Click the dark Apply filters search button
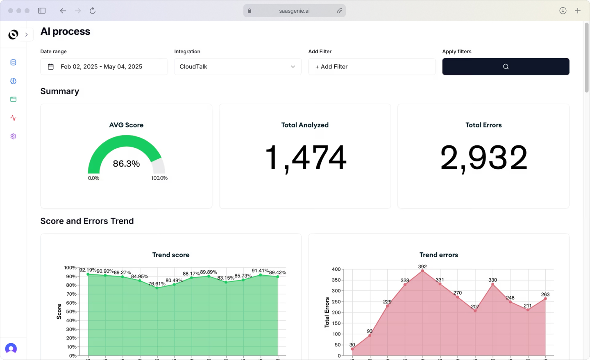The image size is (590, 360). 506,66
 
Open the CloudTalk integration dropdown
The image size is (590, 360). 238,67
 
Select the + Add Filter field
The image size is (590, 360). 372,67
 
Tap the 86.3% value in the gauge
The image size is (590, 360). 126,164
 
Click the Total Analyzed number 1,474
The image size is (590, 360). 305,158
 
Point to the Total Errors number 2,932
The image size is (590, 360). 483,158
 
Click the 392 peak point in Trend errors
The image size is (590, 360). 422,271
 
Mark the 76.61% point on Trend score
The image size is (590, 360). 157,288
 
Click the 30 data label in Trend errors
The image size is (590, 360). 352,345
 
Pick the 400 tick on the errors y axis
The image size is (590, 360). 336,269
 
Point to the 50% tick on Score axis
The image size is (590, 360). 71,312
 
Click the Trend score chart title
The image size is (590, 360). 171,255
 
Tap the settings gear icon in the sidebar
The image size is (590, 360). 13,136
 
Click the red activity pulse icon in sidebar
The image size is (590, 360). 13,118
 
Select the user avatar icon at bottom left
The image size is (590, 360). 11,349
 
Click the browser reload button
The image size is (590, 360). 93,11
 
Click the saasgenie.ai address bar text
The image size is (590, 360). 294,11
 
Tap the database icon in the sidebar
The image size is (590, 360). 13,62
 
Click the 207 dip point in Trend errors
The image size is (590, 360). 475,311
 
